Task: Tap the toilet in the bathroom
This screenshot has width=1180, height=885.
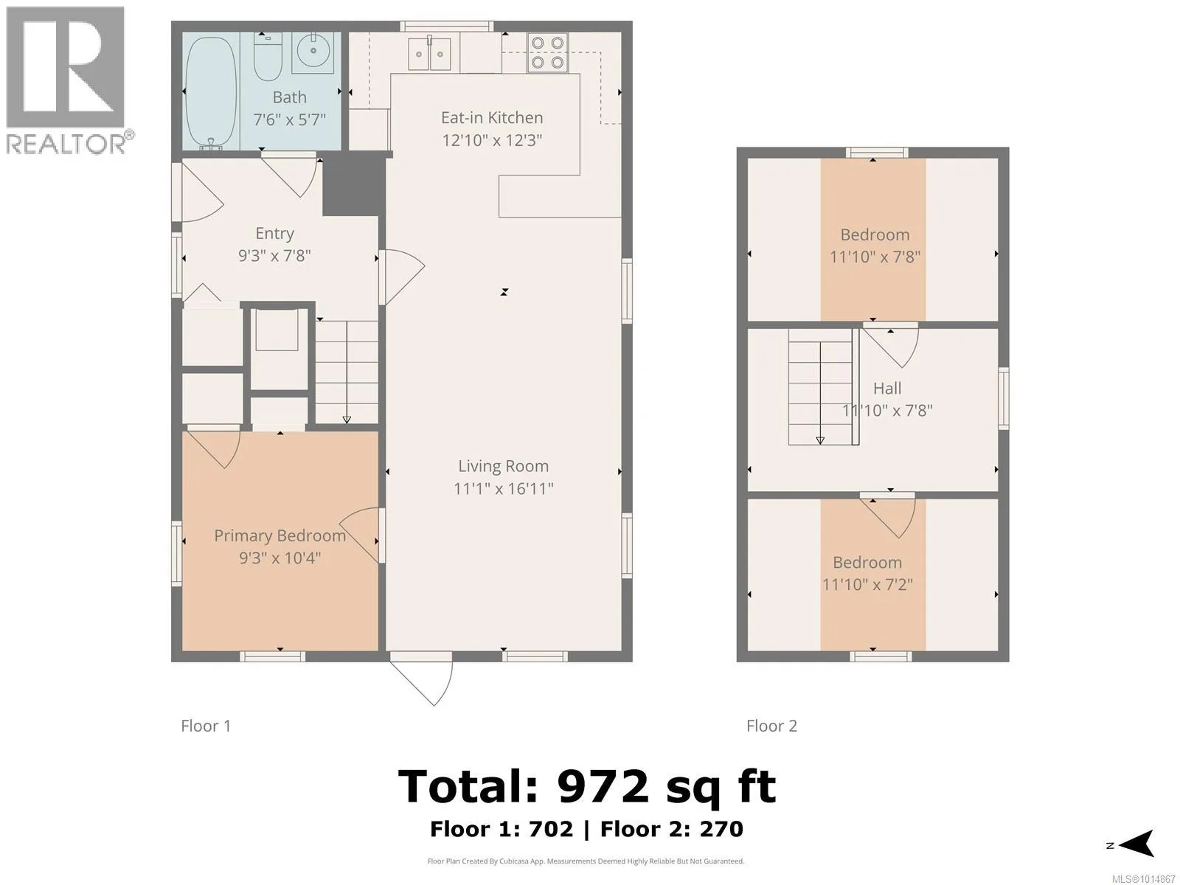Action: [268, 57]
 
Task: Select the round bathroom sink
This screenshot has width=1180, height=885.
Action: [313, 52]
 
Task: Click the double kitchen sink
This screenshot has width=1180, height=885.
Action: [429, 54]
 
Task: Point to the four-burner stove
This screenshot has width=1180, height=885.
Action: [547, 52]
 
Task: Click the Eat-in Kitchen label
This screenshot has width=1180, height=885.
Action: [492, 118]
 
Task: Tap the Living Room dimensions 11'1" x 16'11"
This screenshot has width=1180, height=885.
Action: [504, 488]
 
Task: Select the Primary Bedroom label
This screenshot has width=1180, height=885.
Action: [280, 535]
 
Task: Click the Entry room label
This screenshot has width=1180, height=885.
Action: [274, 233]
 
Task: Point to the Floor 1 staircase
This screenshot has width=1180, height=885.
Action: [347, 372]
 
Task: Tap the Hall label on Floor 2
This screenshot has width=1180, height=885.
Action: [887, 388]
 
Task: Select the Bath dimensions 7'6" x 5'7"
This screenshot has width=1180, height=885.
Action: [290, 119]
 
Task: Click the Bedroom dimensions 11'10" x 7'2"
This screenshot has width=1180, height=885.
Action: [867, 584]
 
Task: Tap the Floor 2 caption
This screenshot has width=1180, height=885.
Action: [771, 726]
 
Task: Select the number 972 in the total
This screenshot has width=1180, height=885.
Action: [603, 786]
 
